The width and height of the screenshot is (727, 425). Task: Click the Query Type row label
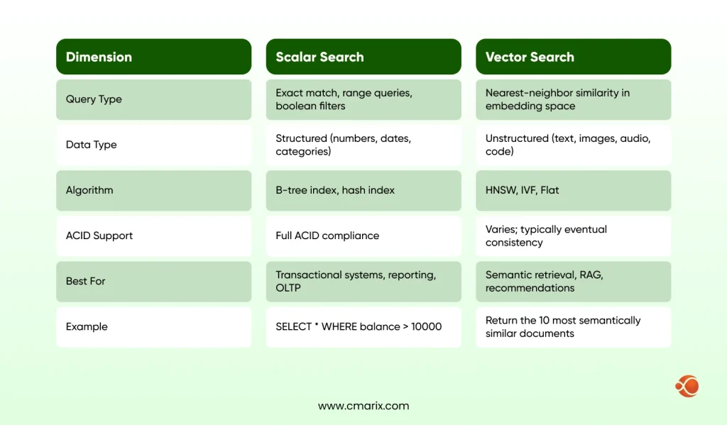coord(94,99)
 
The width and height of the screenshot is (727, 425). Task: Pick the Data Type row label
coord(92,145)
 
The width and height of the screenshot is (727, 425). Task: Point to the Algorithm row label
coord(89,190)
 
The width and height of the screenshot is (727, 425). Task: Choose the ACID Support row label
coord(99,236)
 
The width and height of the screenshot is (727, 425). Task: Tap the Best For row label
coord(86,281)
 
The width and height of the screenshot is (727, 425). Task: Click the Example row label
coord(87,326)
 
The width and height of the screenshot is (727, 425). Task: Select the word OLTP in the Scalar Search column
coord(288,288)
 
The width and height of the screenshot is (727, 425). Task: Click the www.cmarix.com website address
coord(363,406)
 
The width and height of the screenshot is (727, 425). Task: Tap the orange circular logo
coord(687,386)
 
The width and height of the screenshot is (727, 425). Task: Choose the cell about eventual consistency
coord(573,236)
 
